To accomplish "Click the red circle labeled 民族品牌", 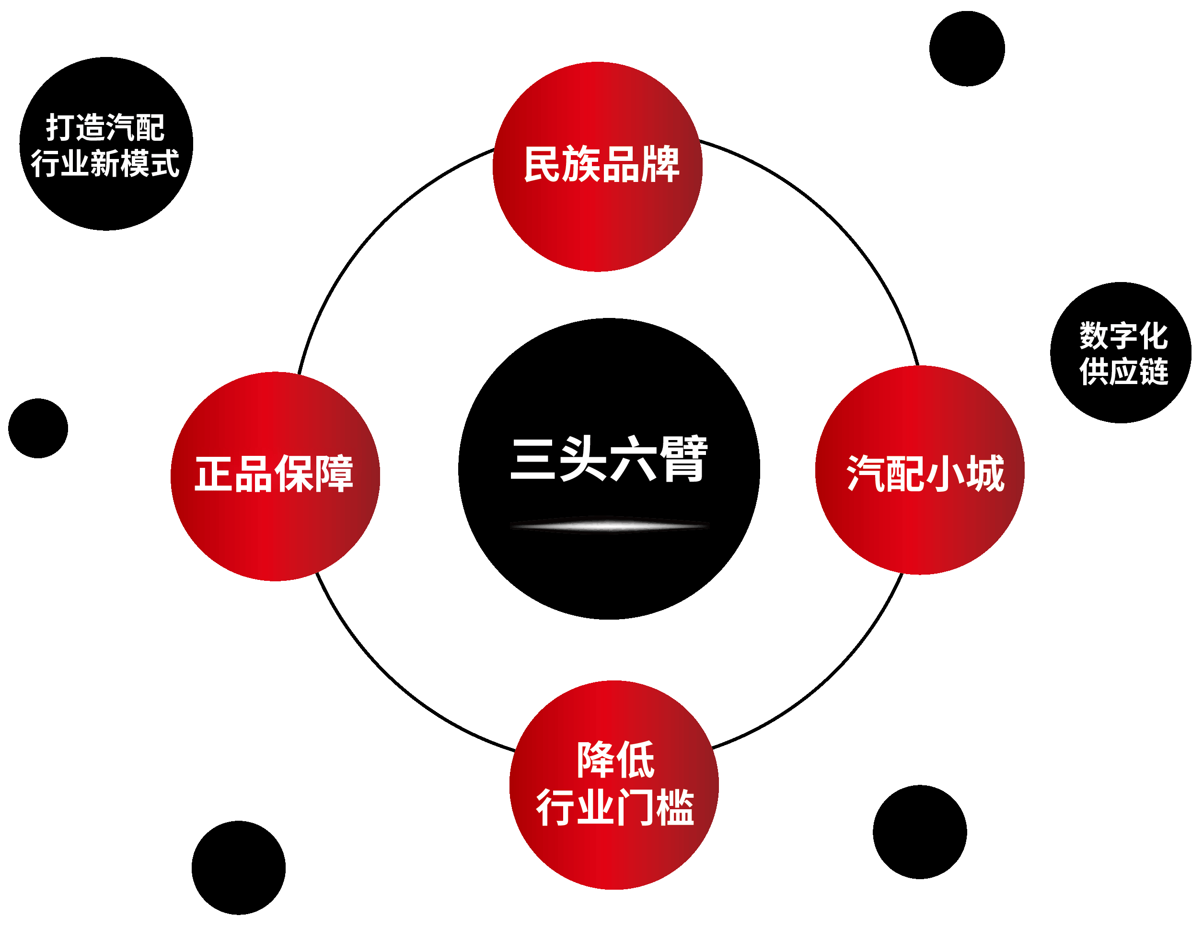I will click(x=597, y=166).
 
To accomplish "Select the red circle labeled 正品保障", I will click(x=275, y=476).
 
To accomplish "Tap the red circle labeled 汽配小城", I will click(x=919, y=470).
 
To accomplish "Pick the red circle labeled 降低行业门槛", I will click(x=613, y=785).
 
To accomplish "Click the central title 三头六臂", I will click(x=608, y=459).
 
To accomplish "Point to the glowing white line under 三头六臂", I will click(x=609, y=526).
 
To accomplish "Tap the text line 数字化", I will click(x=1124, y=336).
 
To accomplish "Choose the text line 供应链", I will click(x=1124, y=372).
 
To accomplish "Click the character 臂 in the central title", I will click(x=683, y=459).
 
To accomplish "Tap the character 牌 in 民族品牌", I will click(x=660, y=164).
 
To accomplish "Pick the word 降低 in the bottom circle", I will click(x=615, y=760).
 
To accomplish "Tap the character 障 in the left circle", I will click(x=334, y=474).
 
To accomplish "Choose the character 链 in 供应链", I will click(x=1154, y=372).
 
